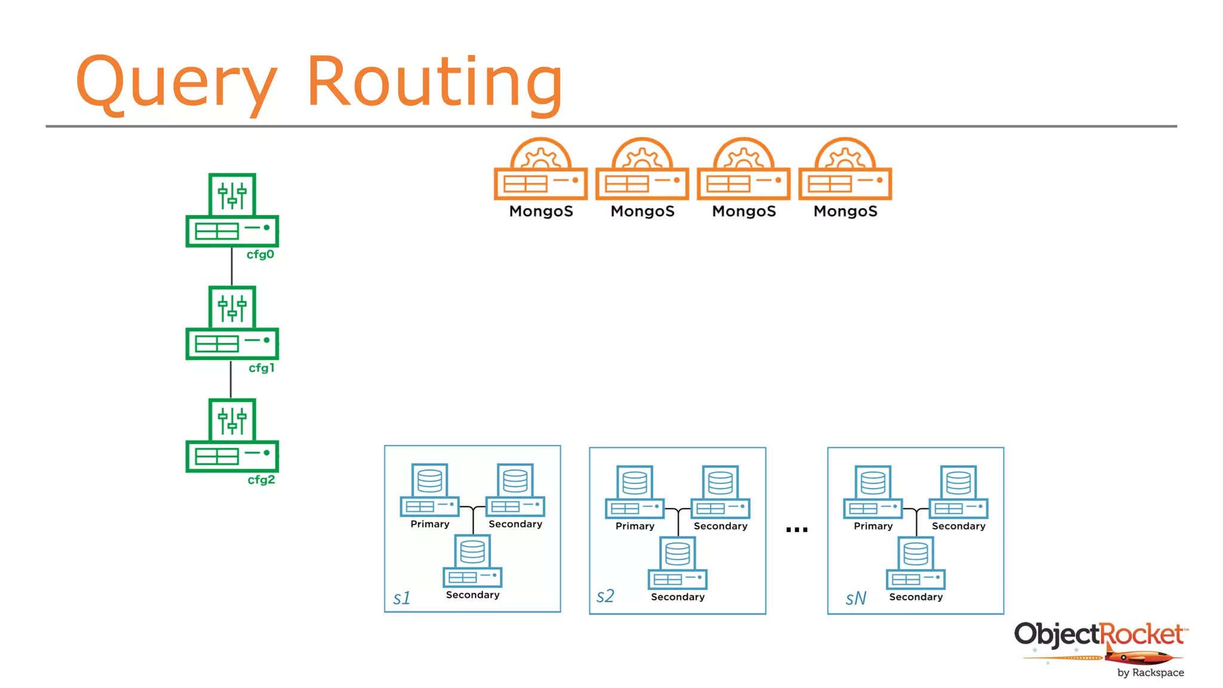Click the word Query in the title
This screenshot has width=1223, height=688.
click(176, 82)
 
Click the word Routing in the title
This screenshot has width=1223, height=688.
click(434, 82)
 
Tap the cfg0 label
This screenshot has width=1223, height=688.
click(260, 254)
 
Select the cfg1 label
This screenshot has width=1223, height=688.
click(262, 368)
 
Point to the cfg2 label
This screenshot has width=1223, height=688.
click(262, 480)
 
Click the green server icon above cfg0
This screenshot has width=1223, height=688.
click(232, 210)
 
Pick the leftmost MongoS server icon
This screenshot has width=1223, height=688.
click(540, 170)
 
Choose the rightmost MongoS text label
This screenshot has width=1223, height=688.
click(845, 211)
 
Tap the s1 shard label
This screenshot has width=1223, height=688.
click(402, 598)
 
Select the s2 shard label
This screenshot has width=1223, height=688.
click(605, 596)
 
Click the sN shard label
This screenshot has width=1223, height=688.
click(855, 598)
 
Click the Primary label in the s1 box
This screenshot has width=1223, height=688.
click(430, 524)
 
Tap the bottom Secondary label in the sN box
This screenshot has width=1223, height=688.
click(915, 597)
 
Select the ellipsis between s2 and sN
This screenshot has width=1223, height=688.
click(797, 530)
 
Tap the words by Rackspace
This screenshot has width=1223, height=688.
click(1150, 672)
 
